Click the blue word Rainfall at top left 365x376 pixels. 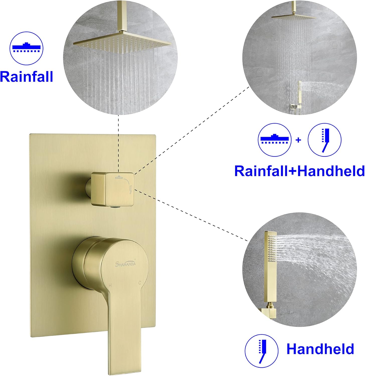coord(27,76)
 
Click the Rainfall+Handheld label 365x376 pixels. coord(299,171)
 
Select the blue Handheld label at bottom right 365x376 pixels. coord(320,349)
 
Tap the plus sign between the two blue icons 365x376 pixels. coord(298,140)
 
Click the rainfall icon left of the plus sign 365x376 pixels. coord(275,140)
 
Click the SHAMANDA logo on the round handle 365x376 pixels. coord(126,263)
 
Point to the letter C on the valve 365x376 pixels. coord(140,283)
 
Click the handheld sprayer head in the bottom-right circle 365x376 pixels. coord(270,253)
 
